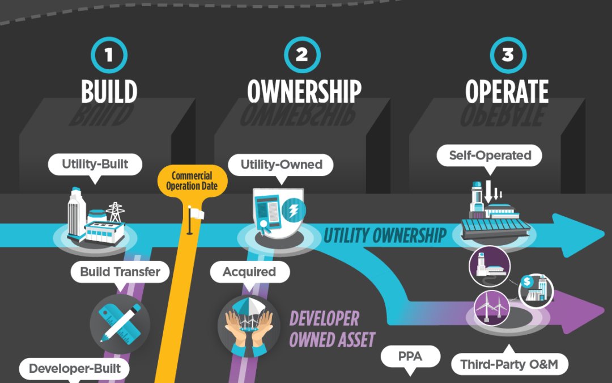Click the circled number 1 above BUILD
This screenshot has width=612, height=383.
point(109,55)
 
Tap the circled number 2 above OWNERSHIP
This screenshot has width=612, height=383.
point(303,55)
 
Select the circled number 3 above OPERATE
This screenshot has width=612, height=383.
point(508,55)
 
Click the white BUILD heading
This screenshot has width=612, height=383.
point(109,91)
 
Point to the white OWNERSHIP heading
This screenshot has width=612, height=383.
point(304,91)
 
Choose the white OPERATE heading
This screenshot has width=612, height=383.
point(507,91)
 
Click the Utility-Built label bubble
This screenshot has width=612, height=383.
point(95,165)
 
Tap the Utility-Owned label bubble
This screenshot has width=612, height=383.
point(281,165)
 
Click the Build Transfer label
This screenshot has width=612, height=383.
point(120,272)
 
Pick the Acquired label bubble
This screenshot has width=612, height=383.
point(249,272)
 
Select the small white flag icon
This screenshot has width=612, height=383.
point(195,213)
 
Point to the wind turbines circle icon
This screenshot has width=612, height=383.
point(489,306)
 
